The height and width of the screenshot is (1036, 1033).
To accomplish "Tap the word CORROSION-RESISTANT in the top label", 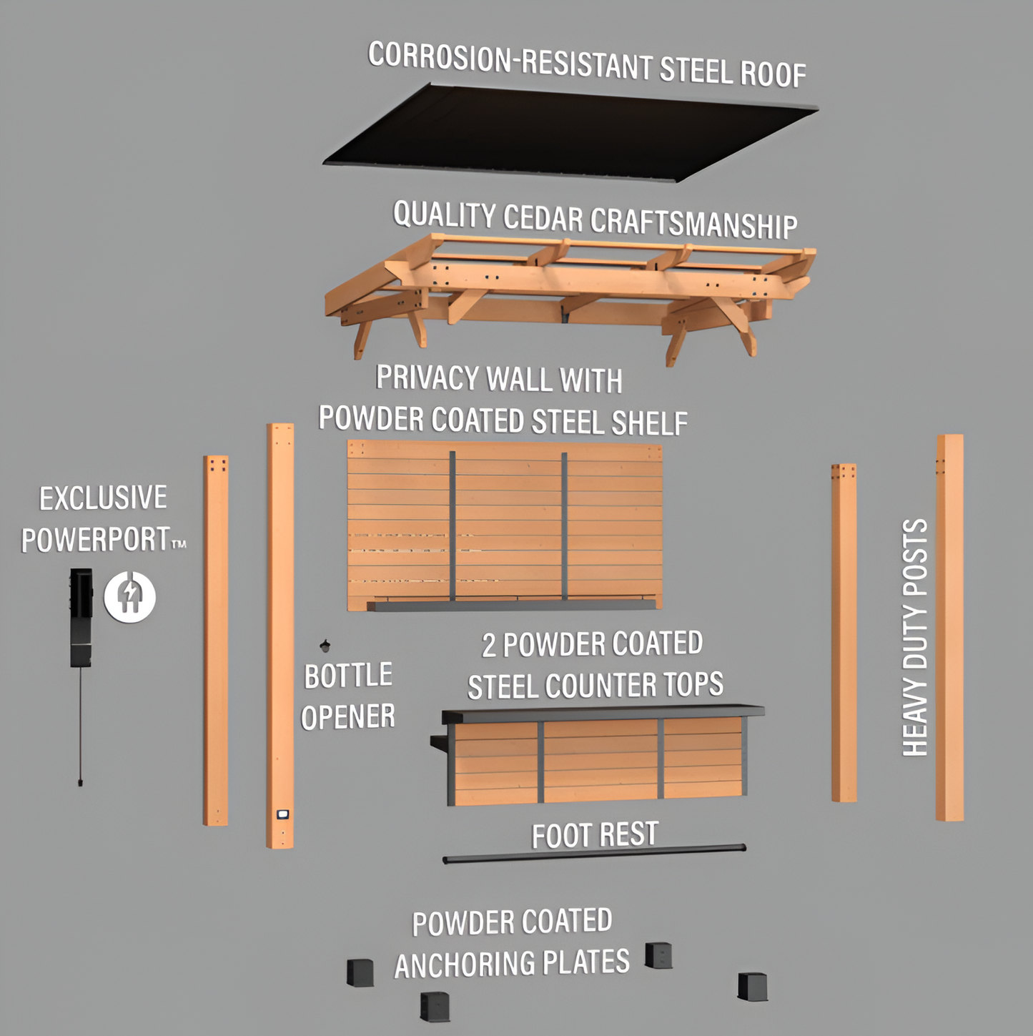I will point(440,57).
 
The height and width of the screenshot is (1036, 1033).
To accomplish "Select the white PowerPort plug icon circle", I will point(129,596).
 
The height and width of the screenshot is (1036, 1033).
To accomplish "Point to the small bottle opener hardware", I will point(325,646).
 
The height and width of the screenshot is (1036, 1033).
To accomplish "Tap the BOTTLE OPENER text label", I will point(348,696).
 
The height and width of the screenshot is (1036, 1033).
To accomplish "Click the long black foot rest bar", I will point(593,854).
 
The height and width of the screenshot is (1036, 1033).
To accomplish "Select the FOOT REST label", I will point(595,834).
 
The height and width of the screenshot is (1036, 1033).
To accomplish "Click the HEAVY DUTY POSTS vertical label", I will point(915,637).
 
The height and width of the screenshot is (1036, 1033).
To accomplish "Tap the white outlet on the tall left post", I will point(282,814).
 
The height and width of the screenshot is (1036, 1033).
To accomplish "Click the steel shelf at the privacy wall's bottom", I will point(511,606).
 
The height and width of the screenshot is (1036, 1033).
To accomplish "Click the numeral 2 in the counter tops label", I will point(489,646).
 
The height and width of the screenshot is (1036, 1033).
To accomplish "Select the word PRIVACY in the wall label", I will point(427,378).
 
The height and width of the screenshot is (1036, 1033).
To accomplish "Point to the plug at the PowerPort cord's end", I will point(80,781).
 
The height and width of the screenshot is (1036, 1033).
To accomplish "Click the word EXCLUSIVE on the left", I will point(103,498).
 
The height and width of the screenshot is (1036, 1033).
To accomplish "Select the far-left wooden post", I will point(215,640).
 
